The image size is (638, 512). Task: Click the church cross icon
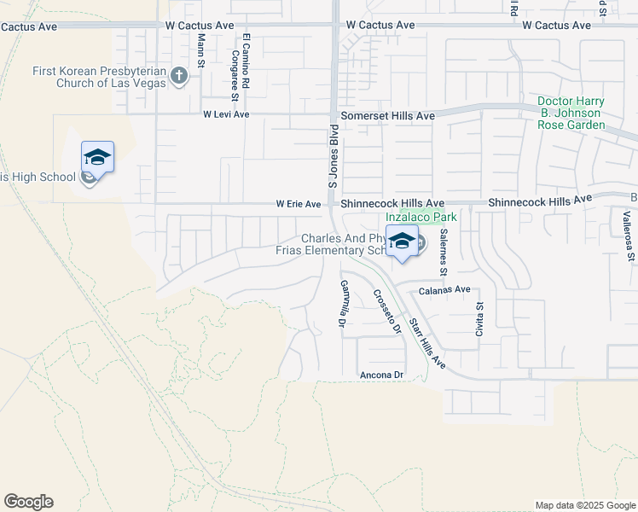pyautogui.click(x=178, y=77)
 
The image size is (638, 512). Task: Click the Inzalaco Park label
pyautogui.click(x=427, y=218)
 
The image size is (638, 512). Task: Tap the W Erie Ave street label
pyautogui.click(x=298, y=205)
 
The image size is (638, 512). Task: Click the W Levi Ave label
pyautogui.click(x=225, y=114)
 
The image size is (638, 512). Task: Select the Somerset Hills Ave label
pyautogui.click(x=388, y=115)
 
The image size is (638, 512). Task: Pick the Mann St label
pyautogui.click(x=201, y=51)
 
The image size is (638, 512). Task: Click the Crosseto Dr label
pyautogui.click(x=386, y=312)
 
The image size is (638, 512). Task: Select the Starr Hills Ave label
pyautogui.click(x=427, y=344)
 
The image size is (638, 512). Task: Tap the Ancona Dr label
pyautogui.click(x=380, y=375)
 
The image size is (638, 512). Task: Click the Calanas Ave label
pyautogui.click(x=444, y=290)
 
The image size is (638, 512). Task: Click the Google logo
pyautogui.click(x=28, y=502)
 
